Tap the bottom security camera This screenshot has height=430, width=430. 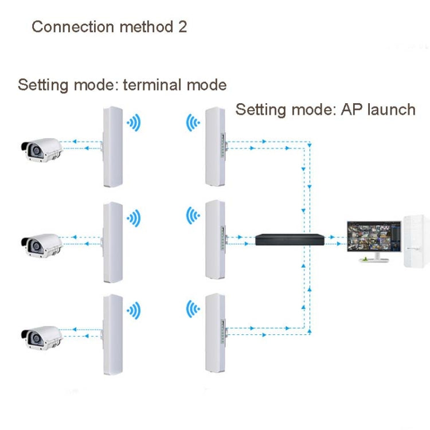point(40,339)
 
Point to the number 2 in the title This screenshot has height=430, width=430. point(182,27)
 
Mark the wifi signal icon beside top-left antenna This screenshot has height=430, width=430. point(134,123)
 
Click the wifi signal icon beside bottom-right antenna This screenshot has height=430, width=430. point(193,310)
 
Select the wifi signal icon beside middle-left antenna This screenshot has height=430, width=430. point(134,217)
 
